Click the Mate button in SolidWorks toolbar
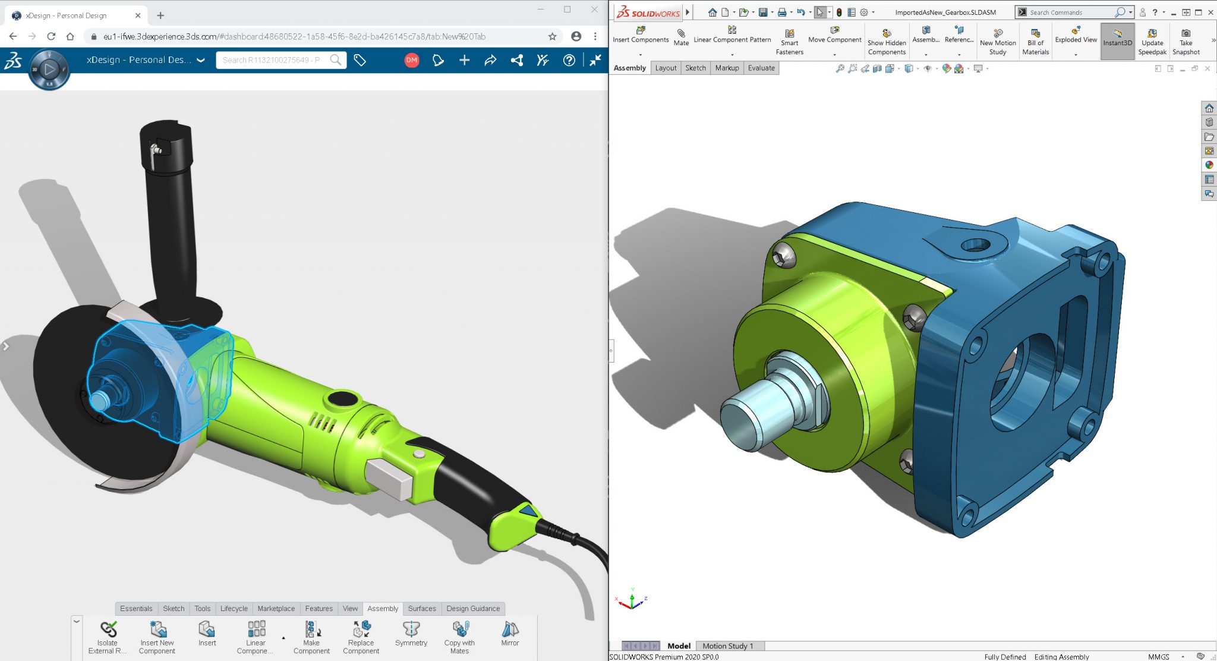coord(681,37)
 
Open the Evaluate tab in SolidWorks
coord(761,68)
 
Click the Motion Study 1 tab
coord(727,646)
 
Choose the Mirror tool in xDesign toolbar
coord(510,634)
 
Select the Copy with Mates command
coord(459,637)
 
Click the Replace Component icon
coord(361,636)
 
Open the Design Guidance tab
coord(473,609)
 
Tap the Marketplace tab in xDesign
coord(276,609)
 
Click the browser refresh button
coord(51,36)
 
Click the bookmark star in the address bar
coord(552,36)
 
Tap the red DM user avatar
coord(411,60)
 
